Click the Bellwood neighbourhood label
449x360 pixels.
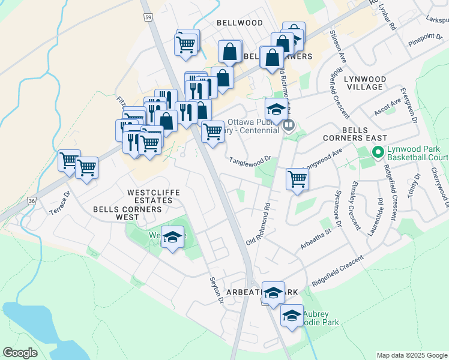240,23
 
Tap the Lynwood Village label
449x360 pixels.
363,83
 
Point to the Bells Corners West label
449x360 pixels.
128,209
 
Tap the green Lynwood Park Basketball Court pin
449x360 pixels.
378,152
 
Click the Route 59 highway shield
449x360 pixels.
148,18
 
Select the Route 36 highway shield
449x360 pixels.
32,200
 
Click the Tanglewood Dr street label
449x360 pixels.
250,159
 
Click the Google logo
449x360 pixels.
20,353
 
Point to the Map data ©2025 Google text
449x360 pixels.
412,355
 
